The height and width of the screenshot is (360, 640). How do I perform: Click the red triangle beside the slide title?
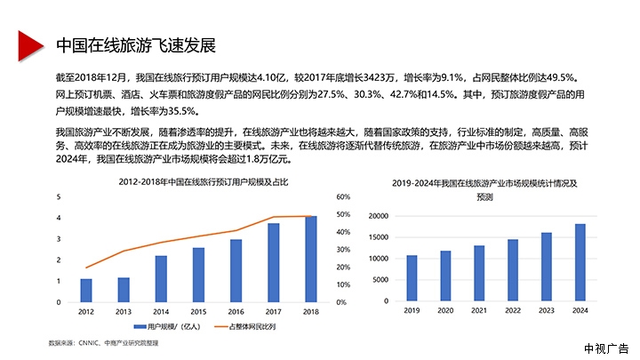[x=29, y=44]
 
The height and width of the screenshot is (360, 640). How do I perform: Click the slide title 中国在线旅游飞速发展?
[x=135, y=45]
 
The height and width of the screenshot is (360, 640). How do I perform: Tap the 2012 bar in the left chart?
[x=86, y=291]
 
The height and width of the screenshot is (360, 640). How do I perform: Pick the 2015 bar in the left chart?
[x=198, y=275]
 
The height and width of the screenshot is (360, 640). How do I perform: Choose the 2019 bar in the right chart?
[x=412, y=278]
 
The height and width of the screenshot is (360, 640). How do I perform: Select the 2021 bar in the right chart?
[x=479, y=273]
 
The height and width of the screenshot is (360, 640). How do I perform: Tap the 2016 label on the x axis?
[x=236, y=312]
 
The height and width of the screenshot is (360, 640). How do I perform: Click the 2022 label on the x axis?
[x=513, y=311]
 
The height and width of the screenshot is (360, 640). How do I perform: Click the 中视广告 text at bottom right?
[x=606, y=348]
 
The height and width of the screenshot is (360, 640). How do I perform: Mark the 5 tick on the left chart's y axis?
[x=59, y=196]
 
